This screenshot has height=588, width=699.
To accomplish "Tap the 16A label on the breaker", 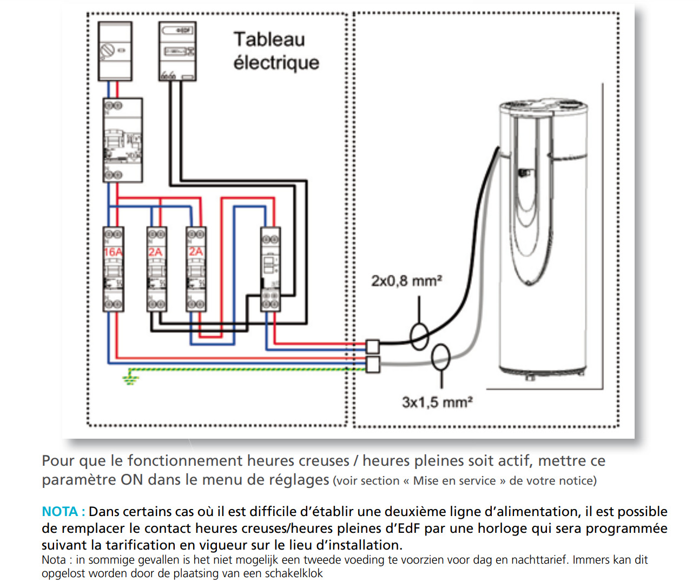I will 113,252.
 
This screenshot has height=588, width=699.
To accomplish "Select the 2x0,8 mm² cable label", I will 406,281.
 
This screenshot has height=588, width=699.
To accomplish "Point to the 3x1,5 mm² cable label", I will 437,402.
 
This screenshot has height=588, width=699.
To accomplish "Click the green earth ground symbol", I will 129,377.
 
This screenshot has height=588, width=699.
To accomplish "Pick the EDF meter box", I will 177,51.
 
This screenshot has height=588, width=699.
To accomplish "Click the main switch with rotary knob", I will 115,51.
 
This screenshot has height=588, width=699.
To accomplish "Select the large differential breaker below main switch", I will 123,140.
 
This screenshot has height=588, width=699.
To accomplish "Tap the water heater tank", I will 543,238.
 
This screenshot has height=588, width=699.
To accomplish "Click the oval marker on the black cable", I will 420,336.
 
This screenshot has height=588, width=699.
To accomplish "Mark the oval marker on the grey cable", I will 441,357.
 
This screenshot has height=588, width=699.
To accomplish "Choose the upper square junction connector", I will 373,346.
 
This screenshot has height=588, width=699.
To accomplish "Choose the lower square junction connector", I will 373,364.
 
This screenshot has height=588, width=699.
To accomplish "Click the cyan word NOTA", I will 60,512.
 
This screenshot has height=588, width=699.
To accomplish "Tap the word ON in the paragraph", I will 131,480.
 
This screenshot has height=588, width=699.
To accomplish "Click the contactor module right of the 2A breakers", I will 270,269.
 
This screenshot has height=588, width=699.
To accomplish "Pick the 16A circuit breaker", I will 113,269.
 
